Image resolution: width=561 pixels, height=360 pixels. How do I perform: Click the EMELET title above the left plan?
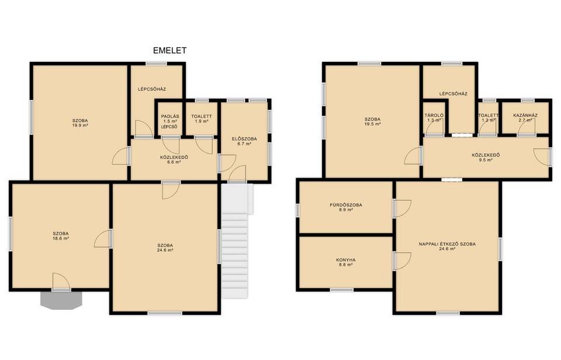[169, 50]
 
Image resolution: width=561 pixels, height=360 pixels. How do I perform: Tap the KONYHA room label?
[345, 260]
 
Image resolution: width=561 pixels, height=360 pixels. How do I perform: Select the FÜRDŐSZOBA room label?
[345, 205]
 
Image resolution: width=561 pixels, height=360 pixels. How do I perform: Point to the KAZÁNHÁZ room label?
[525, 116]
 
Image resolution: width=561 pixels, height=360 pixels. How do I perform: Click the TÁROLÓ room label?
[434, 116]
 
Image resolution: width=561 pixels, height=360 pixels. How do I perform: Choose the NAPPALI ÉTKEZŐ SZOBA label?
[447, 244]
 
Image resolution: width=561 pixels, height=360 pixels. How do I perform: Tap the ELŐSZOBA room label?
[244, 139]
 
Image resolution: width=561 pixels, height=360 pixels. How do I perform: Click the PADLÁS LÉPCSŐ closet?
[169, 119]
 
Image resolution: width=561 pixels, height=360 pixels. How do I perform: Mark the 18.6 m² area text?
[61, 238]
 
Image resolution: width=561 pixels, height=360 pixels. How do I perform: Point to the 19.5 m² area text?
[372, 124]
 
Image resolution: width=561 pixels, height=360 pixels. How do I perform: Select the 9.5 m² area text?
[486, 160]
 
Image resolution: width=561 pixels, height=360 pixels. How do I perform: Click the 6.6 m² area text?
[174, 162]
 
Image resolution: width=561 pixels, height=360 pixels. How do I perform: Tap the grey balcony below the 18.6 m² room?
[61, 300]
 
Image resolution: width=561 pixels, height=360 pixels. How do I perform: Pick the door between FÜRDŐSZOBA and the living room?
[402, 209]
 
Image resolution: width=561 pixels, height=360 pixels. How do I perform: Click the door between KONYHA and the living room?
[402, 261]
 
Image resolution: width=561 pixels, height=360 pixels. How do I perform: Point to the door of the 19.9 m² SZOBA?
[121, 156]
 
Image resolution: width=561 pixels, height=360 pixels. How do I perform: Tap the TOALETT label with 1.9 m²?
[202, 116]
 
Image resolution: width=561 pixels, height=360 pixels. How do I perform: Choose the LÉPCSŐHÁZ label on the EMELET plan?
[152, 89]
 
